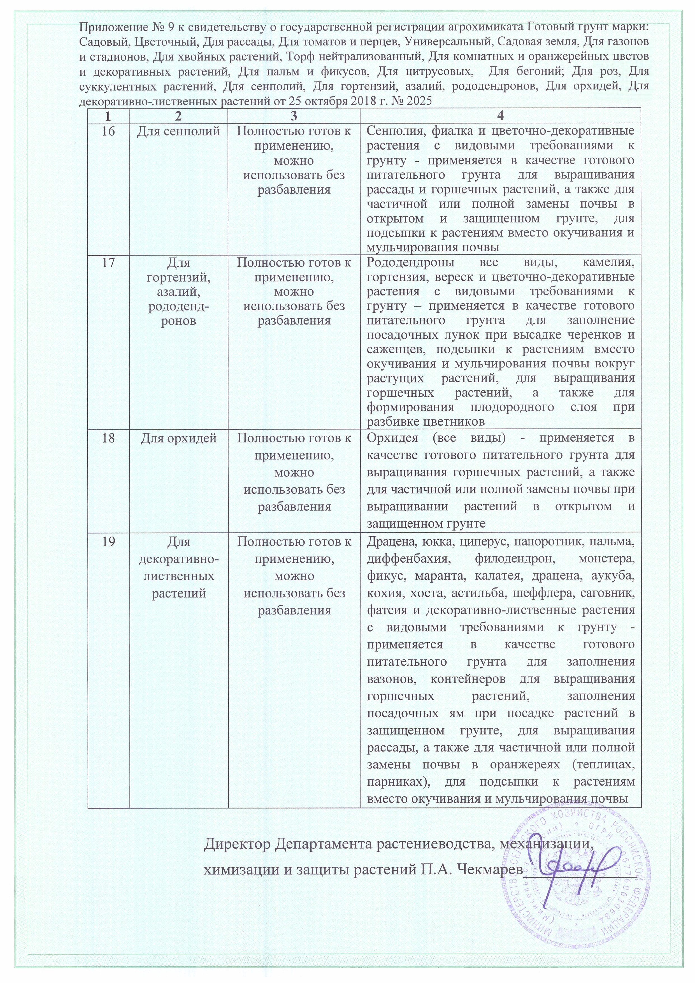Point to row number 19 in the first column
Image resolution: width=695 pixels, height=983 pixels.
(x=108, y=542)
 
